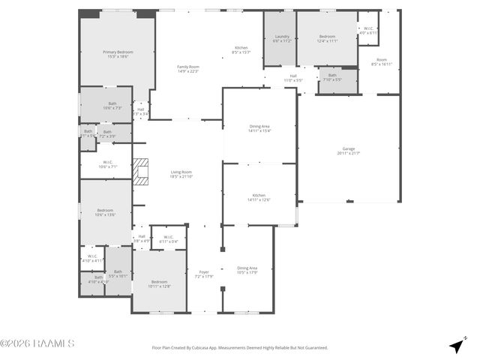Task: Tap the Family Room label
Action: (x=187, y=69)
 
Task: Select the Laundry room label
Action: (x=282, y=38)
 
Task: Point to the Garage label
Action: (x=349, y=151)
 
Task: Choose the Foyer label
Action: (x=204, y=274)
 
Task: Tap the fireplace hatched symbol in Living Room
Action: (x=141, y=171)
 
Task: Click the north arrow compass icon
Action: (x=456, y=346)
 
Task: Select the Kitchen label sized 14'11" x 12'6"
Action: (x=259, y=196)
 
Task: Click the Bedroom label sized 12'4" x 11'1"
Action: (x=327, y=38)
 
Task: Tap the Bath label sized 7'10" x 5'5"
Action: (x=332, y=76)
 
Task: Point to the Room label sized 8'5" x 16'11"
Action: (x=382, y=61)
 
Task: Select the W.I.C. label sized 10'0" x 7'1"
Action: (x=108, y=164)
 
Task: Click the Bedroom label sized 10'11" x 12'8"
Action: (x=159, y=283)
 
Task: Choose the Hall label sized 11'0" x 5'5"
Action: (x=293, y=77)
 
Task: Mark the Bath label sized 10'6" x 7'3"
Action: (x=112, y=106)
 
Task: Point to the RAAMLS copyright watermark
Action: (x=37, y=343)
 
